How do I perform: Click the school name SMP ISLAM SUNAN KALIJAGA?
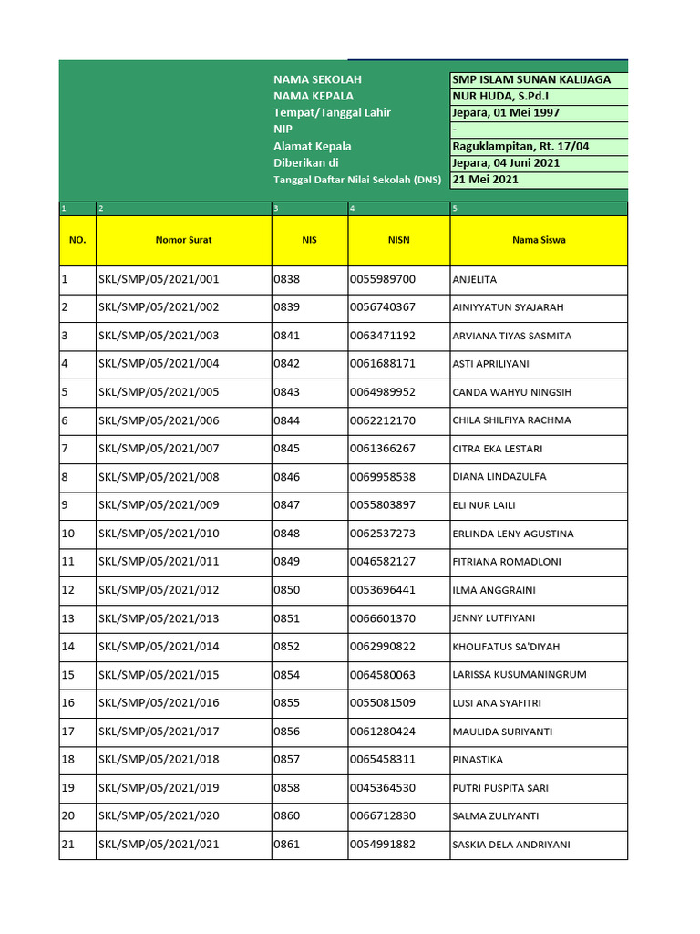tap(531, 79)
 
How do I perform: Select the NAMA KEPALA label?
tap(314, 96)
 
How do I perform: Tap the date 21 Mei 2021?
tap(485, 180)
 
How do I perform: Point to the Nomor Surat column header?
tap(183, 240)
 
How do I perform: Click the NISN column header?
tap(398, 240)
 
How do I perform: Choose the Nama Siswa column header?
tap(538, 240)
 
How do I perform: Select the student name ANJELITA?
tap(474, 279)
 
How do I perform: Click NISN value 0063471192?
tap(382, 336)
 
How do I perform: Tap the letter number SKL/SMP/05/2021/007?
tap(159, 449)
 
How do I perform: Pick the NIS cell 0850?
tap(286, 590)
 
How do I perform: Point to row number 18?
tap(68, 760)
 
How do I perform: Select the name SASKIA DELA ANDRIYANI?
tap(511, 845)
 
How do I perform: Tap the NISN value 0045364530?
tap(382, 788)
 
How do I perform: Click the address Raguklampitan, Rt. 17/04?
tap(519, 146)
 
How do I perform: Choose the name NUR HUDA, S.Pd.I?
tap(500, 96)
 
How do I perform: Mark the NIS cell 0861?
tap(286, 845)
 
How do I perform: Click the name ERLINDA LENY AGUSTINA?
tap(512, 534)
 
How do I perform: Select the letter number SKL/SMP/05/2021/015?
tap(159, 675)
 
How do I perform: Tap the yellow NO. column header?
tap(77, 240)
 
